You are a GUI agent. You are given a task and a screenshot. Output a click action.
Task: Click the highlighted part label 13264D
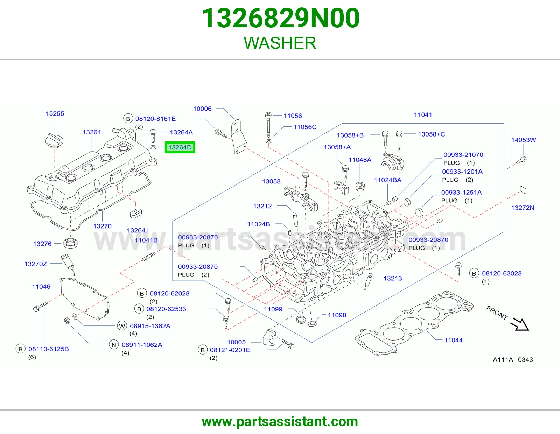click(x=180, y=147)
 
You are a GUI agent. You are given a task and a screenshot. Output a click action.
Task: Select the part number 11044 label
click(x=453, y=340)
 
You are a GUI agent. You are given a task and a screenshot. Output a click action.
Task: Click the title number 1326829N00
click(x=281, y=18)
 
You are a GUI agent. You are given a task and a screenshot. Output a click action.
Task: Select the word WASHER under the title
click(x=280, y=43)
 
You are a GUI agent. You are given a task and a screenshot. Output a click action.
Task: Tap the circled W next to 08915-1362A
click(x=122, y=326)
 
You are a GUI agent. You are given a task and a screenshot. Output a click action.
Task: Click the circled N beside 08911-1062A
click(x=114, y=345)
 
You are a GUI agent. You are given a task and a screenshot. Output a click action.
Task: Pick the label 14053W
click(x=523, y=140)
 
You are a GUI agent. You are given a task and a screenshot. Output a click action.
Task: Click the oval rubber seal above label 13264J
click(x=136, y=213)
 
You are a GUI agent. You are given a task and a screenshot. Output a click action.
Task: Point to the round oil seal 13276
click(x=70, y=243)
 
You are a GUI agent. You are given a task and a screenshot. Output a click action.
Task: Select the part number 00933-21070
click(x=463, y=155)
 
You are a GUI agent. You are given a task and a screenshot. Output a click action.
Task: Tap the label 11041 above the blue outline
click(x=423, y=115)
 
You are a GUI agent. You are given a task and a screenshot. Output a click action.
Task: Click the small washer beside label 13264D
click(x=153, y=147)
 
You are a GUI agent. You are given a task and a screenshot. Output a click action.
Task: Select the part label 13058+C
click(x=432, y=134)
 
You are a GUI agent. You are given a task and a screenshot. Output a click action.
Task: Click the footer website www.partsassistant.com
click(x=280, y=422)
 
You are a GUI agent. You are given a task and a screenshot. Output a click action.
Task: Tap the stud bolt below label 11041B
click(x=149, y=257)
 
